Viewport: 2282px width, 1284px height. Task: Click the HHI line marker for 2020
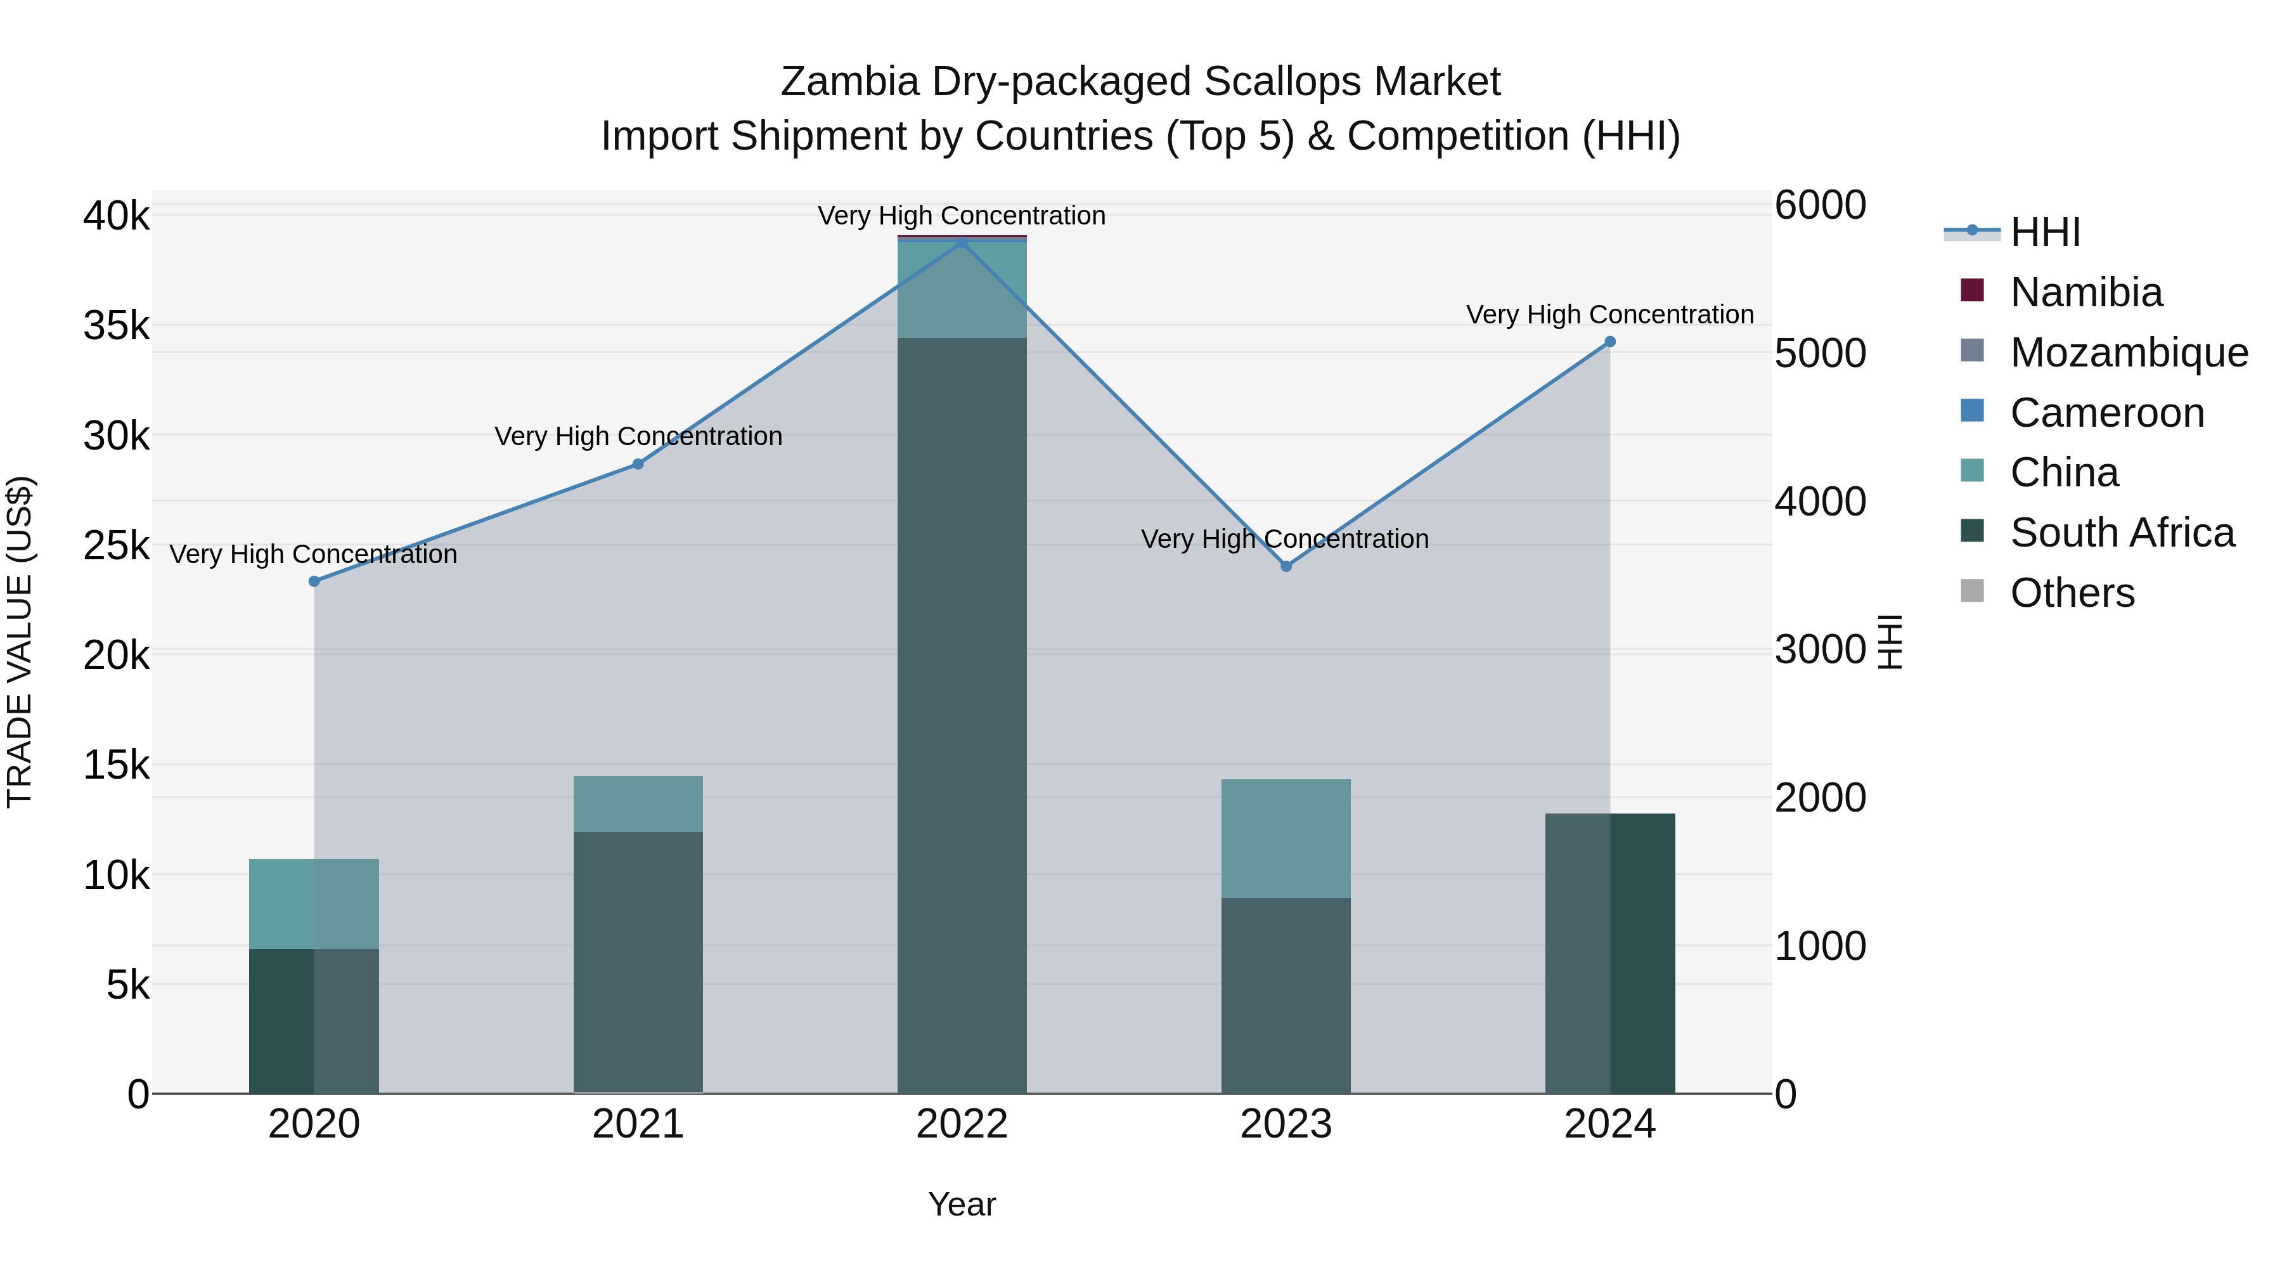[314, 581]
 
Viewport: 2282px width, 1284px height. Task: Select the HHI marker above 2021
[638, 464]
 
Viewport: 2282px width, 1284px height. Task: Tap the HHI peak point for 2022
[962, 242]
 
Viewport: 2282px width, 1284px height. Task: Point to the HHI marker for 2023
[1286, 566]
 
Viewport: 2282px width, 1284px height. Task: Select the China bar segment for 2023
[1286, 838]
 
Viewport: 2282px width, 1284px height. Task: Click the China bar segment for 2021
[638, 804]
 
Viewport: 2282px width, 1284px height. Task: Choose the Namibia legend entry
[2085, 292]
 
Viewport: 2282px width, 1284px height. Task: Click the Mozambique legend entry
[2128, 353]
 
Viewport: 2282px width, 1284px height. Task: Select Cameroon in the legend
[2106, 413]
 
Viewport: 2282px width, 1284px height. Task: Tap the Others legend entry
[2071, 593]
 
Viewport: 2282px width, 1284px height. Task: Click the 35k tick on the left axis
[117, 326]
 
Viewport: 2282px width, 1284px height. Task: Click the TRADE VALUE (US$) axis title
[20, 642]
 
